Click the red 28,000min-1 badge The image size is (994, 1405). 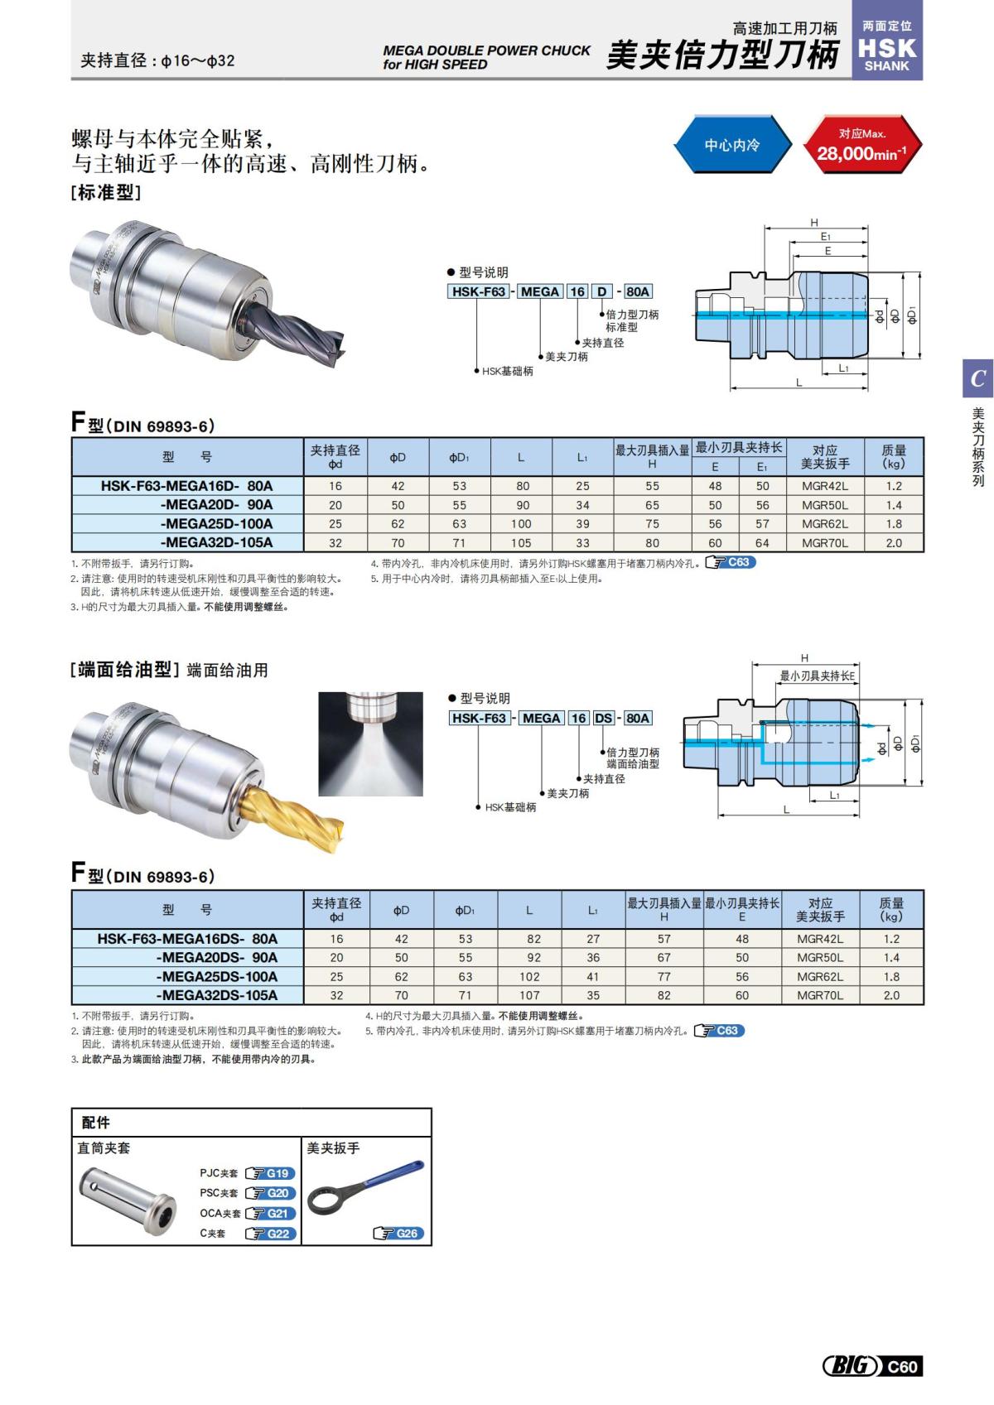pyautogui.click(x=861, y=145)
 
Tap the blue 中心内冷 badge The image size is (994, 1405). pyautogui.click(x=731, y=145)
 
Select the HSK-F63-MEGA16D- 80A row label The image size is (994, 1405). pyautogui.click(x=187, y=486)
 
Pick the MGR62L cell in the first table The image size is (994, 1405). pyautogui.click(x=824, y=524)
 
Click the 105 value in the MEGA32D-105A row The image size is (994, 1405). pyautogui.click(x=521, y=543)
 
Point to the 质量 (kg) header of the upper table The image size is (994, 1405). pyautogui.click(x=893, y=456)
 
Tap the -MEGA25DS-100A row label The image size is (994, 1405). pyautogui.click(x=217, y=977)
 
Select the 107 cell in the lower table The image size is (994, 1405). pyautogui.click(x=529, y=996)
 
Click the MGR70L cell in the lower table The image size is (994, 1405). pyautogui.click(x=820, y=996)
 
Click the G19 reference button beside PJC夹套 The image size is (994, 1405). pyautogui.click(x=271, y=1173)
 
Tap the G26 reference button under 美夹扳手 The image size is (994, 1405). pyautogui.click(x=399, y=1234)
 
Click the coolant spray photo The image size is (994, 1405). pyautogui.click(x=370, y=744)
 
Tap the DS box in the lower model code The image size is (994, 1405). pyautogui.click(x=603, y=718)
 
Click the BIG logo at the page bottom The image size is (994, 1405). pyautogui.click(x=850, y=1365)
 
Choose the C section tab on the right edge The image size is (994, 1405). pyautogui.click(x=977, y=378)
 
